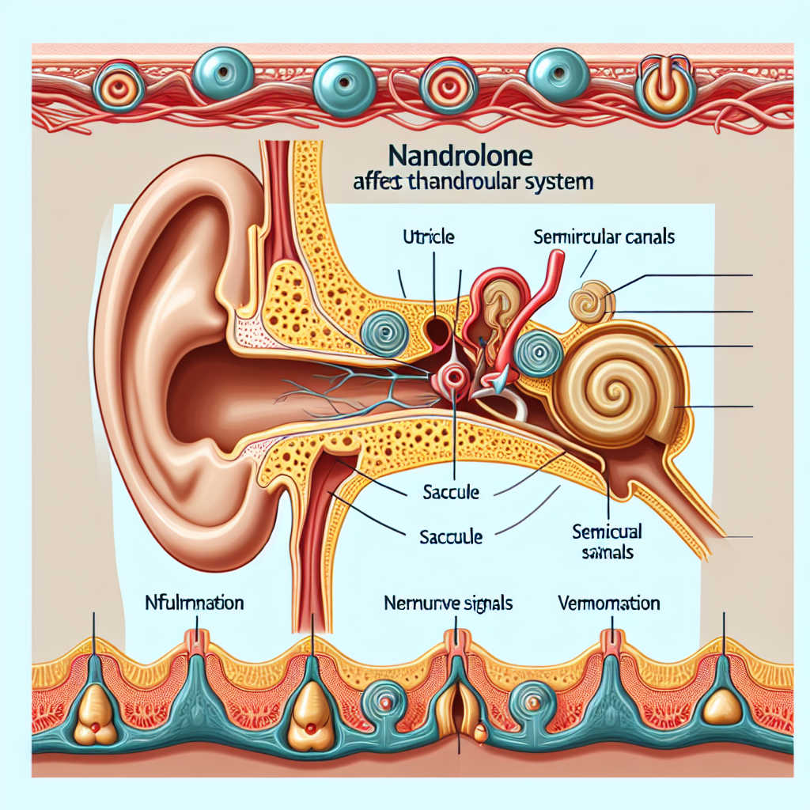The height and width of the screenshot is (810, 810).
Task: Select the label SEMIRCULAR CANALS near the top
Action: [604, 236]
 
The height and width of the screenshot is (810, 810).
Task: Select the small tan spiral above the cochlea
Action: [590, 303]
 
